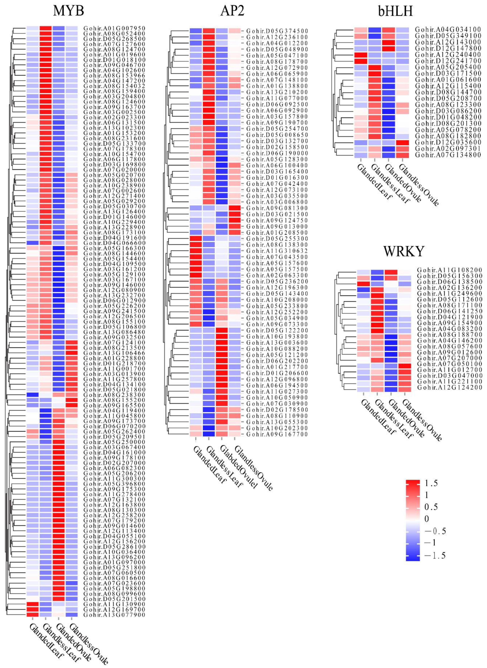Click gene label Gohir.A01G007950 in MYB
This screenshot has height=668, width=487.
(x=114, y=28)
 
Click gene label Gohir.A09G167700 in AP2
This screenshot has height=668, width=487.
(x=277, y=434)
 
